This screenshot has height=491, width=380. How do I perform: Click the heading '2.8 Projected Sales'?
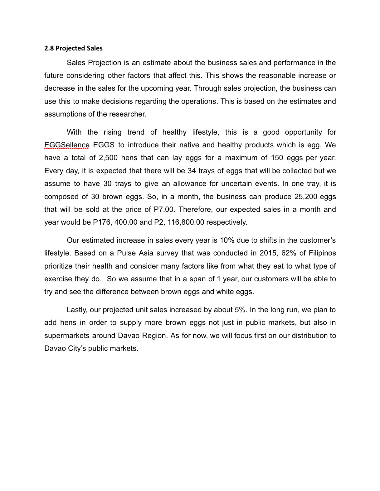[73, 48]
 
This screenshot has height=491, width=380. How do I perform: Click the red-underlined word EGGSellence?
[67, 145]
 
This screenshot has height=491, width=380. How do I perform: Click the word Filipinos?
[322, 253]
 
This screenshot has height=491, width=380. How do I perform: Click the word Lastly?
[77, 310]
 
